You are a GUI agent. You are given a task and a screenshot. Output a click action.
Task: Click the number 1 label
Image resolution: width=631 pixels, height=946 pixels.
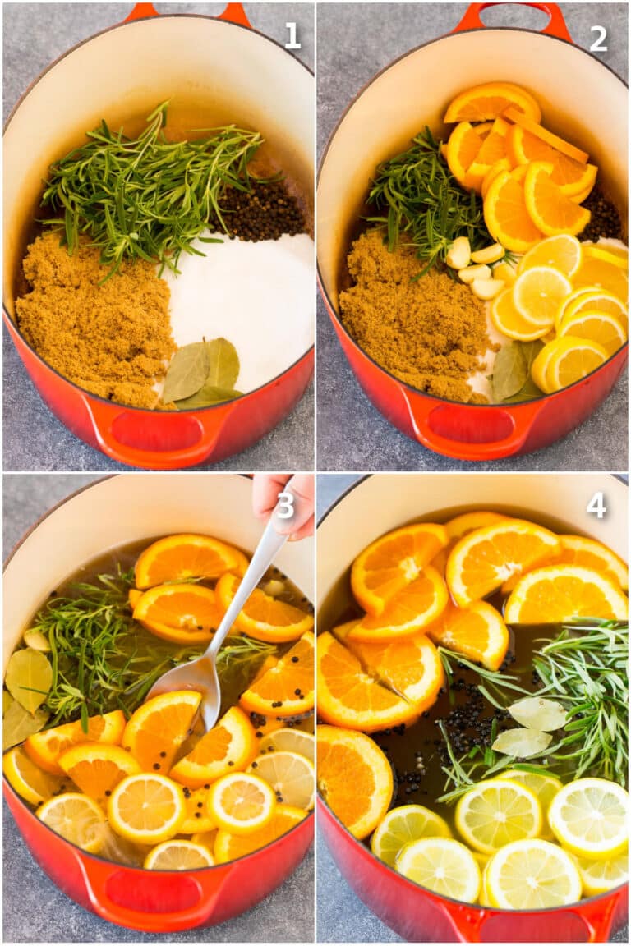click(292, 35)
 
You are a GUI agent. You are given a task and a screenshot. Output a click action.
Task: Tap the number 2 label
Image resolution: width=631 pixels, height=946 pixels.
click(598, 38)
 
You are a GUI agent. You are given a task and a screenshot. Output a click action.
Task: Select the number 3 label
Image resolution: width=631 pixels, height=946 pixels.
click(284, 505)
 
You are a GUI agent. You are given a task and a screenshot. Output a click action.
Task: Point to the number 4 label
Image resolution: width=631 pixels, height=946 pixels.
click(596, 505)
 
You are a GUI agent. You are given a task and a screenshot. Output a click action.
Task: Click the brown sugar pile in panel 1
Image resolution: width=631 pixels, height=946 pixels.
click(90, 320)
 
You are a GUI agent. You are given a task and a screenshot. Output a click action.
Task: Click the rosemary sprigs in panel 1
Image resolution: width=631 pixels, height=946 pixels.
click(148, 181)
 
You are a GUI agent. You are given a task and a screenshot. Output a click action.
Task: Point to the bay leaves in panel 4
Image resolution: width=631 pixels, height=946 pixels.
click(530, 727)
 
